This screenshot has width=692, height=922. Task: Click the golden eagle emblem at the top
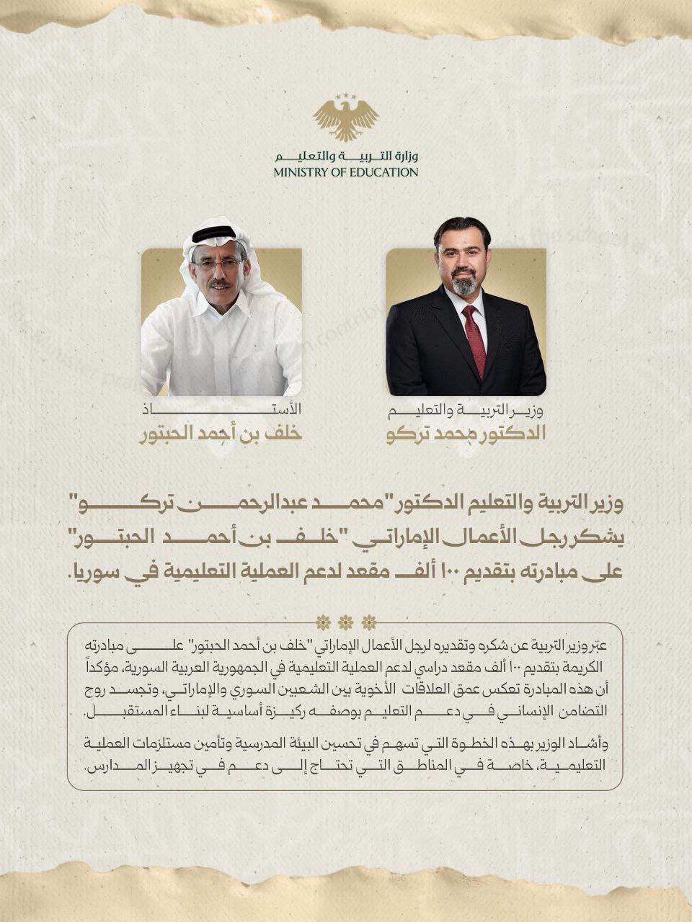click(x=345, y=120)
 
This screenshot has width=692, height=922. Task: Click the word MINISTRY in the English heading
click(x=298, y=173)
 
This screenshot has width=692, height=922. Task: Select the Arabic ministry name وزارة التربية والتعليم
click(x=346, y=156)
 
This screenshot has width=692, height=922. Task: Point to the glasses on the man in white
click(x=217, y=264)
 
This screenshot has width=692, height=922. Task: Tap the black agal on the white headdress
click(x=214, y=233)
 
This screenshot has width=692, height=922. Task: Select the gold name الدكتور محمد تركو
click(x=466, y=434)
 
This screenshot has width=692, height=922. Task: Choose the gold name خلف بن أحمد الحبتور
click(x=220, y=434)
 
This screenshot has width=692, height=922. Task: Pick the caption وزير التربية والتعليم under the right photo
click(x=466, y=412)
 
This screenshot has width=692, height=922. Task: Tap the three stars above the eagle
click(x=345, y=97)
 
